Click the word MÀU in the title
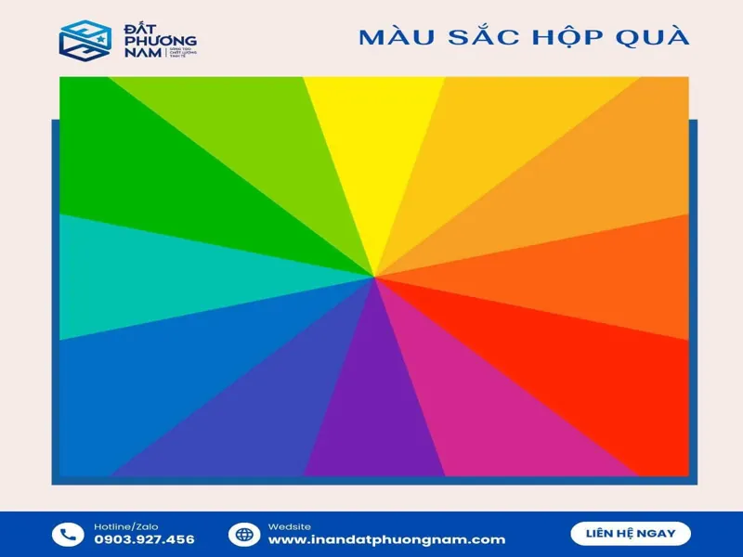point(389,37)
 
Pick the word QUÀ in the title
point(654,37)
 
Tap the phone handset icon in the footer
point(67,534)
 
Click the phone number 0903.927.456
point(144,540)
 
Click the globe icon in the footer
point(243,534)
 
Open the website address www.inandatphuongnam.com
point(386,540)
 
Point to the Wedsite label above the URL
point(290,526)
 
